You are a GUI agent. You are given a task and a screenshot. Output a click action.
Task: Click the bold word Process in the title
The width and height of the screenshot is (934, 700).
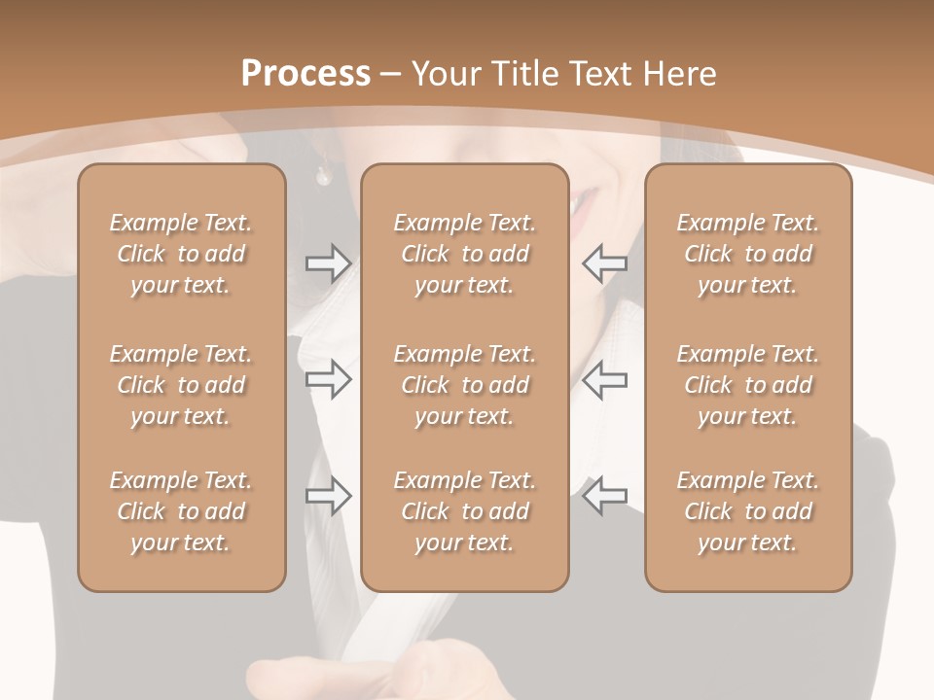(x=305, y=74)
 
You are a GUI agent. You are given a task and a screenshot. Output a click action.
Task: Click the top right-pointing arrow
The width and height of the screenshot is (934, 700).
(x=329, y=262)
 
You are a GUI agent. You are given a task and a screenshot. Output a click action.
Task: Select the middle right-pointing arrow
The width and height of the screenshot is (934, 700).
(x=329, y=379)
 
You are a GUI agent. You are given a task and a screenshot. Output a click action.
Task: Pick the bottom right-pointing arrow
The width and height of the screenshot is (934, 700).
(x=329, y=496)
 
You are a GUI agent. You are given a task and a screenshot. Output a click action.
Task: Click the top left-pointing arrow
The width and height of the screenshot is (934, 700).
(x=605, y=262)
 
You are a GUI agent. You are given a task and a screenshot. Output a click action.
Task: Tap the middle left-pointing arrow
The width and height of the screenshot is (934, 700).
(x=605, y=379)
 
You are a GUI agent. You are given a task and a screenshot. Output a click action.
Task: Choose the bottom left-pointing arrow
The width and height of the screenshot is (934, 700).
(x=605, y=496)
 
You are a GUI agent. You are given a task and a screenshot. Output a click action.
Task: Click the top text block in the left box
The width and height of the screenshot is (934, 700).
(x=181, y=254)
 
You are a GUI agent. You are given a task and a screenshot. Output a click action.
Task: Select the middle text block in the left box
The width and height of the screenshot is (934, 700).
(x=181, y=385)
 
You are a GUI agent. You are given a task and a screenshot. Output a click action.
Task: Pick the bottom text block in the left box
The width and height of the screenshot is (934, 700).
(x=181, y=511)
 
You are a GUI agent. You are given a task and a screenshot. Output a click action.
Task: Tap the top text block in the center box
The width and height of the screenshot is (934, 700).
(x=465, y=254)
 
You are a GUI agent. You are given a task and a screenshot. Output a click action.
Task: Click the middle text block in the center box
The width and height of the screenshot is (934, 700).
(x=465, y=385)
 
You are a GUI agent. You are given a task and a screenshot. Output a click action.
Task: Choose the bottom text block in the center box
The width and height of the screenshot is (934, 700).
(x=465, y=511)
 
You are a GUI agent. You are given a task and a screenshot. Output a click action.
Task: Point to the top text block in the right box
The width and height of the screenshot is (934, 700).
(x=748, y=254)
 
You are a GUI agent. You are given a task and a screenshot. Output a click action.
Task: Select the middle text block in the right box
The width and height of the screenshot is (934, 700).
(x=748, y=385)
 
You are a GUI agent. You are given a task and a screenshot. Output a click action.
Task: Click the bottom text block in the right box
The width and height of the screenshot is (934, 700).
(x=748, y=511)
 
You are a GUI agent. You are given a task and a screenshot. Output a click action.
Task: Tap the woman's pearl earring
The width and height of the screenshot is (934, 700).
(x=323, y=176)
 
